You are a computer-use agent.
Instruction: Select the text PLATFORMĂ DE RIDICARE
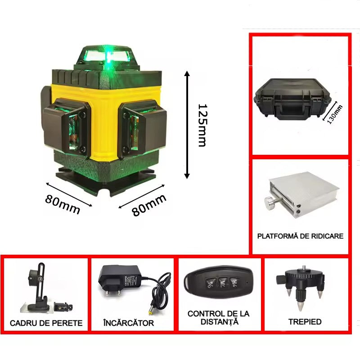300,236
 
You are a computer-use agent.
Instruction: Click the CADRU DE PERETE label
46,323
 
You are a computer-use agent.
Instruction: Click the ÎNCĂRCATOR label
129,323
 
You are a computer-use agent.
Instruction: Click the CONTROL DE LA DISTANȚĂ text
218,318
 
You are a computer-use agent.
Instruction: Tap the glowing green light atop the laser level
109,56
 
